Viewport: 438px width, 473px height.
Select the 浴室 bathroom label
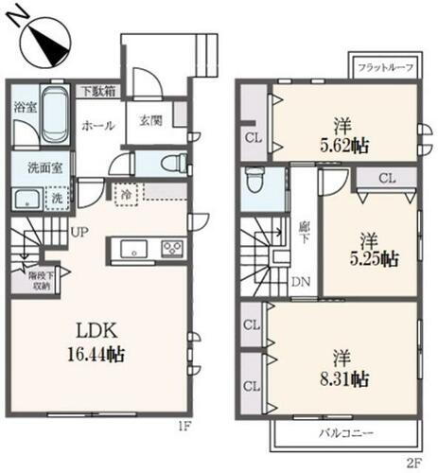(x=25, y=108)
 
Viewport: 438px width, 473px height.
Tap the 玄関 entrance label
(x=150, y=121)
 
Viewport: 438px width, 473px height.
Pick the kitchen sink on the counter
(x=131, y=250)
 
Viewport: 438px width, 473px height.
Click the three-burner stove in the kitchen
(x=172, y=250)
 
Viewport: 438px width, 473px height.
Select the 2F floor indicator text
(x=413, y=464)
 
